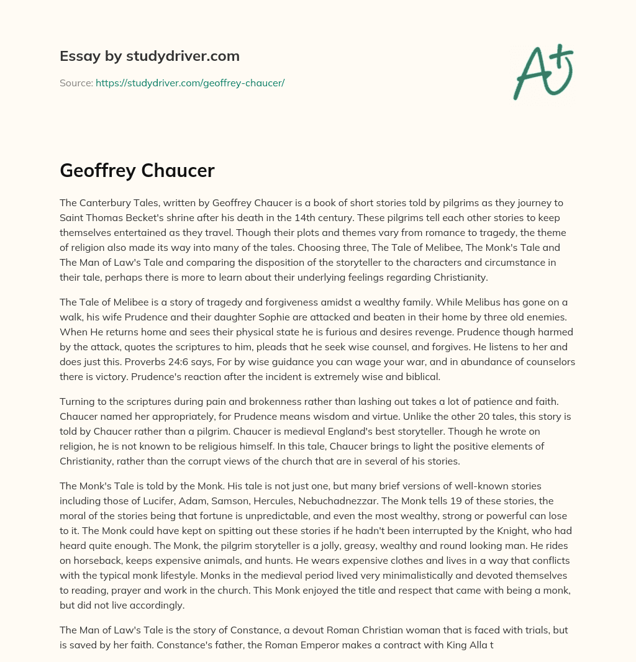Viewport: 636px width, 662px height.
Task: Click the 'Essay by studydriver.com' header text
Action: (149, 56)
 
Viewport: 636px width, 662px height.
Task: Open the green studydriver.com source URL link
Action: (189, 83)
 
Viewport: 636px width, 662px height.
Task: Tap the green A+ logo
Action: (542, 71)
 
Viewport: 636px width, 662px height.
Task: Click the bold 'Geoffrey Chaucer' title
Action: (137, 171)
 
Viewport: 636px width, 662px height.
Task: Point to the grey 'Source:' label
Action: (76, 83)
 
